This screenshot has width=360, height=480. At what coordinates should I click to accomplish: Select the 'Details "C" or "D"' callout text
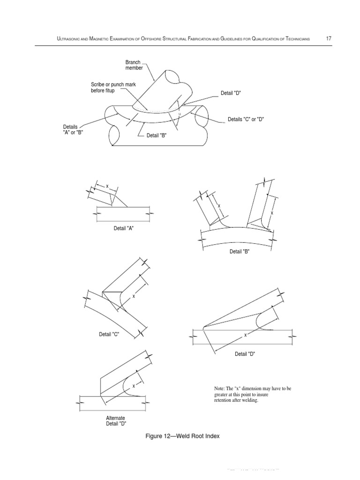(246, 120)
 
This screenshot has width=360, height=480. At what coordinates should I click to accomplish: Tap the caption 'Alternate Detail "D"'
(115, 420)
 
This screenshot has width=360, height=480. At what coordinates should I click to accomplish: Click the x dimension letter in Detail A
(107, 187)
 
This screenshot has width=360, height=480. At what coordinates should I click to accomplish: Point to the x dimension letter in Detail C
(134, 296)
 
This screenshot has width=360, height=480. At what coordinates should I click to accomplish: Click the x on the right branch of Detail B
(271, 213)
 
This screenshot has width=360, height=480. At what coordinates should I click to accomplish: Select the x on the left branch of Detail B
(218, 205)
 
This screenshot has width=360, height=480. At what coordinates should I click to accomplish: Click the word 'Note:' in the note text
(219, 389)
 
